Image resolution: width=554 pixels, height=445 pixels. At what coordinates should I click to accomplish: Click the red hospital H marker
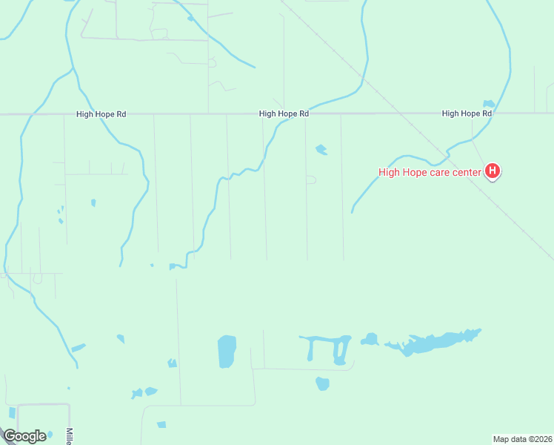493,172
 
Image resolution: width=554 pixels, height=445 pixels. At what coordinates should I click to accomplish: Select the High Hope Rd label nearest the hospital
467,113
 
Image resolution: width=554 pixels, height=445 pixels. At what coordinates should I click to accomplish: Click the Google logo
24,436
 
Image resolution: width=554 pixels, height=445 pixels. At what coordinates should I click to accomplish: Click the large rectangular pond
227,351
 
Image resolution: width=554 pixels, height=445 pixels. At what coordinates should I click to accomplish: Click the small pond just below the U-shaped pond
322,383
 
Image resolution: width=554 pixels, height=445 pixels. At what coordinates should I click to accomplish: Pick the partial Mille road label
69,436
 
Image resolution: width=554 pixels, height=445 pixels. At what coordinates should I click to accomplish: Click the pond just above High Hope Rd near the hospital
488,104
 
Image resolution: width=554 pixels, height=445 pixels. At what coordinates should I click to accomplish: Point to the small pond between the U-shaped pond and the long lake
370,340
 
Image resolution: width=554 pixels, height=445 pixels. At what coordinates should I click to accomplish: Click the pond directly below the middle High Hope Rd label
321,150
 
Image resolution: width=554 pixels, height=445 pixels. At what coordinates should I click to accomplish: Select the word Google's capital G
10,436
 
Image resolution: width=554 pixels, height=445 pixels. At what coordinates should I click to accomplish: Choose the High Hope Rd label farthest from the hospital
101,114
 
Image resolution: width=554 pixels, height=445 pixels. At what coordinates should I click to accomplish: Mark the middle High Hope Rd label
284,113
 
